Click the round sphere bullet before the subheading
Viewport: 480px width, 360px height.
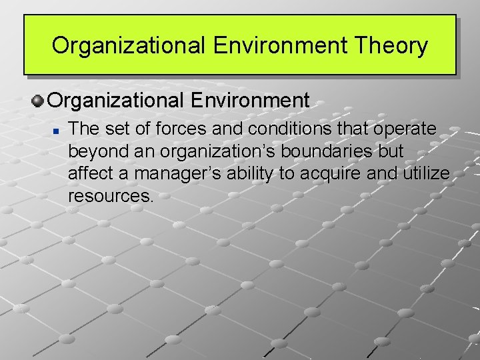(x=38, y=101)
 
